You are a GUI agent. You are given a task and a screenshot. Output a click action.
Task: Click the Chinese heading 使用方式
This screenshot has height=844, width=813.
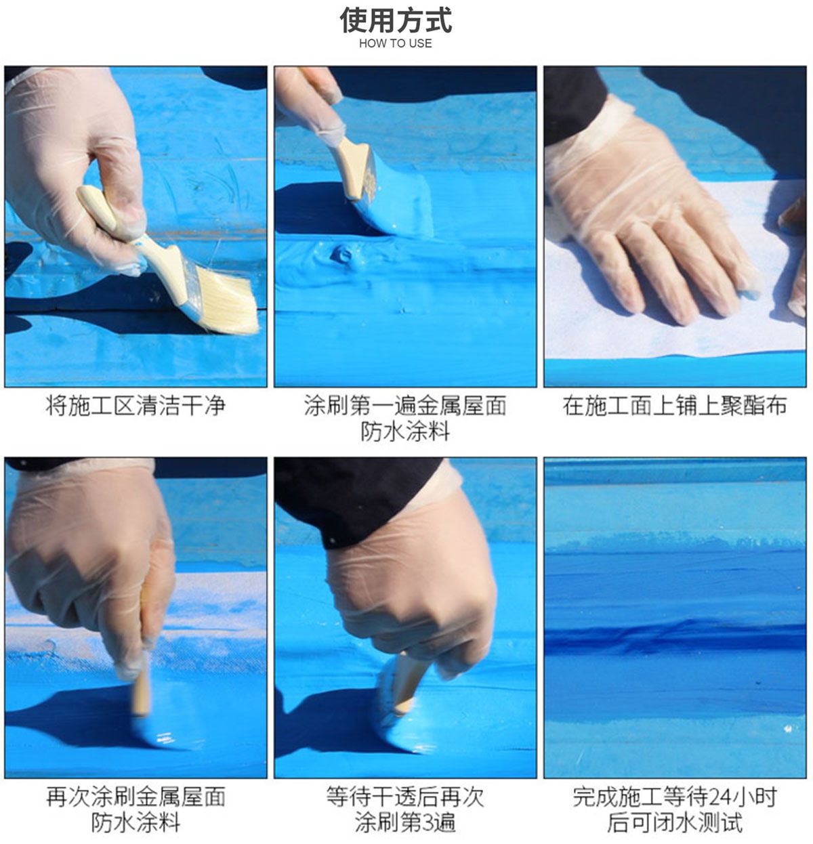point(396,20)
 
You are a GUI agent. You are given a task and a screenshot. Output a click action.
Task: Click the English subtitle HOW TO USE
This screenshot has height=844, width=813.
point(395,43)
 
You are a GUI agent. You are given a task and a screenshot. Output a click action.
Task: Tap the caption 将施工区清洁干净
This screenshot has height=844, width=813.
point(135,406)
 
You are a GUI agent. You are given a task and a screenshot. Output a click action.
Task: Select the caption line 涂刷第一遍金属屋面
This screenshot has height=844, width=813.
point(405,406)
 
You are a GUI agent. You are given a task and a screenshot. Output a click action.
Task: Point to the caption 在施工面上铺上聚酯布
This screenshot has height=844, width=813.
point(675,406)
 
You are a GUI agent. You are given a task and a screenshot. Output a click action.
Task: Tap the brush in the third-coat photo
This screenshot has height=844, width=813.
point(401,694)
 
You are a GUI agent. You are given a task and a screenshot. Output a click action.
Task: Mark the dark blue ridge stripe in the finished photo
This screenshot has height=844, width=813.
point(675,637)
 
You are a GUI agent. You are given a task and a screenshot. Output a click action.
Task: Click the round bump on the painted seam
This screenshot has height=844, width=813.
point(342,255)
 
